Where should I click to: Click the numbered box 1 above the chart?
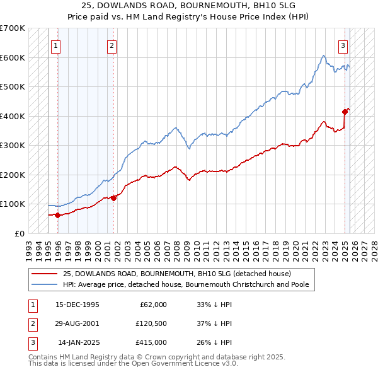pyautogui.click(x=56, y=45)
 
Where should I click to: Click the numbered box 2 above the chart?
pyautogui.click(x=112, y=45)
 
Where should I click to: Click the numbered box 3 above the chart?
pyautogui.click(x=343, y=45)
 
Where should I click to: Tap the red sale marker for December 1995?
pyautogui.click(x=57, y=215)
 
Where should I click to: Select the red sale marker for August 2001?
pyautogui.click(x=114, y=198)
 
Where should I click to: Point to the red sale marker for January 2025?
pyautogui.click(x=345, y=112)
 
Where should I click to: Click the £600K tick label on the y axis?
pyautogui.click(x=12, y=57)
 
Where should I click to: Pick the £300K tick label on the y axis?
pyautogui.click(x=12, y=145)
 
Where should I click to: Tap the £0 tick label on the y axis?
pyautogui.click(x=19, y=233)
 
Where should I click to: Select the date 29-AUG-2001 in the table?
pyautogui.click(x=76, y=323)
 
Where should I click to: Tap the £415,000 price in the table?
pyautogui.click(x=151, y=342)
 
